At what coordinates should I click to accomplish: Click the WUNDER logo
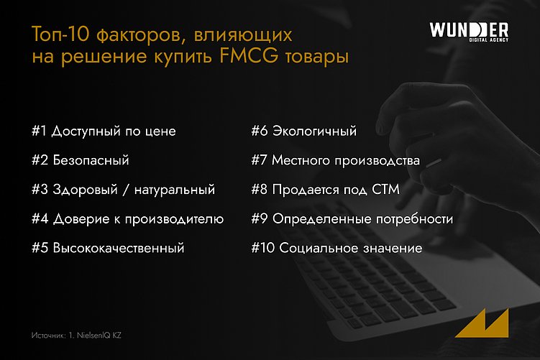click(468, 29)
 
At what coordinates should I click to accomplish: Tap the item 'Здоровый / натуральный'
click(133, 190)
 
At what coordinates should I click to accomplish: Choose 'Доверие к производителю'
click(137, 218)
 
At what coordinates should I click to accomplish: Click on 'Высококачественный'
click(118, 248)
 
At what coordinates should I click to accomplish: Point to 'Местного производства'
click(345, 160)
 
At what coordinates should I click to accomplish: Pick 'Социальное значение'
click(350, 248)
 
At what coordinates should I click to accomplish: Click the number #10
click(262, 248)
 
